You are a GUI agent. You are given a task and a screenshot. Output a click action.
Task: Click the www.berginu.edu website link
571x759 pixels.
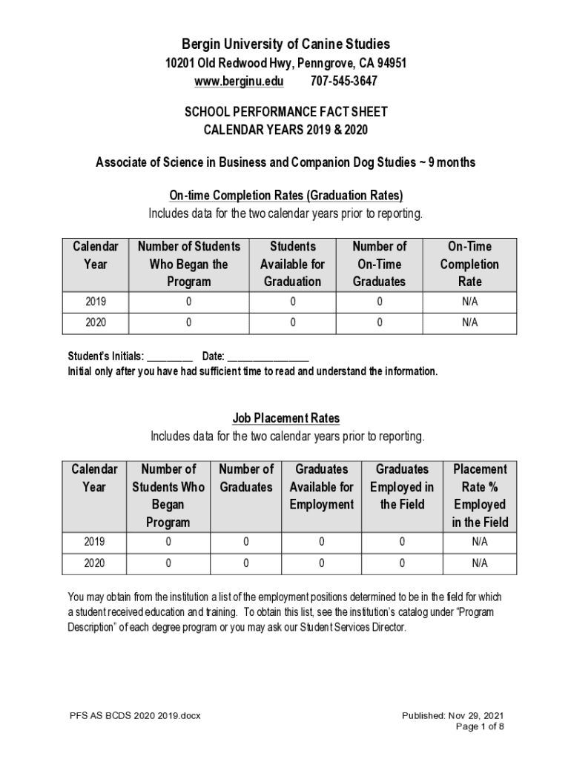239,81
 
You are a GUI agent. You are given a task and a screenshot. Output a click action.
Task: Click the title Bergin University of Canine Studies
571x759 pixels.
285,44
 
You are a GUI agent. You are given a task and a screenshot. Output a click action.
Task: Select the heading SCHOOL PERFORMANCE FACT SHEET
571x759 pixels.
285,113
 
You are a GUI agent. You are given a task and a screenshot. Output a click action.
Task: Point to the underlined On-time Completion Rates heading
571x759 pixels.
285,196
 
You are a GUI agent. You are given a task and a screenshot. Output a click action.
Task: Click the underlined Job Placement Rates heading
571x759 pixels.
285,419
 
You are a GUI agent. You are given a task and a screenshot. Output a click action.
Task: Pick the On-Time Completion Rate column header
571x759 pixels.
469,264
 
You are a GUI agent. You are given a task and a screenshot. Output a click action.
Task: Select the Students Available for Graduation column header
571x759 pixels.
292,264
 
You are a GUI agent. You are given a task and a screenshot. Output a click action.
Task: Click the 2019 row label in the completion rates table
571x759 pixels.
96,302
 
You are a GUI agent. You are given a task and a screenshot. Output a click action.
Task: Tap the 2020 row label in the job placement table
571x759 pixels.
94,563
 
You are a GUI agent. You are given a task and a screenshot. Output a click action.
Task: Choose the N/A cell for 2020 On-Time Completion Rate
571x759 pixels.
469,322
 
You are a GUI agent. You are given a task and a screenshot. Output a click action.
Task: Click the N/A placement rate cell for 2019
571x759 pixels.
480,542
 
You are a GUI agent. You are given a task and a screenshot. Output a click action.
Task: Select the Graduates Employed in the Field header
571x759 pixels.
402,487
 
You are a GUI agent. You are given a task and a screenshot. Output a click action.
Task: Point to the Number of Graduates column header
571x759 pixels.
246,478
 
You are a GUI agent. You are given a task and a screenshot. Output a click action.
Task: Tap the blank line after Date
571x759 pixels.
268,357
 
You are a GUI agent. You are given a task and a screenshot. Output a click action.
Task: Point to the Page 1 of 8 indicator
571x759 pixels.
480,726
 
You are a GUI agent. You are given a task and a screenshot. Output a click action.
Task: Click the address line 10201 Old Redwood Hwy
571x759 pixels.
285,64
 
